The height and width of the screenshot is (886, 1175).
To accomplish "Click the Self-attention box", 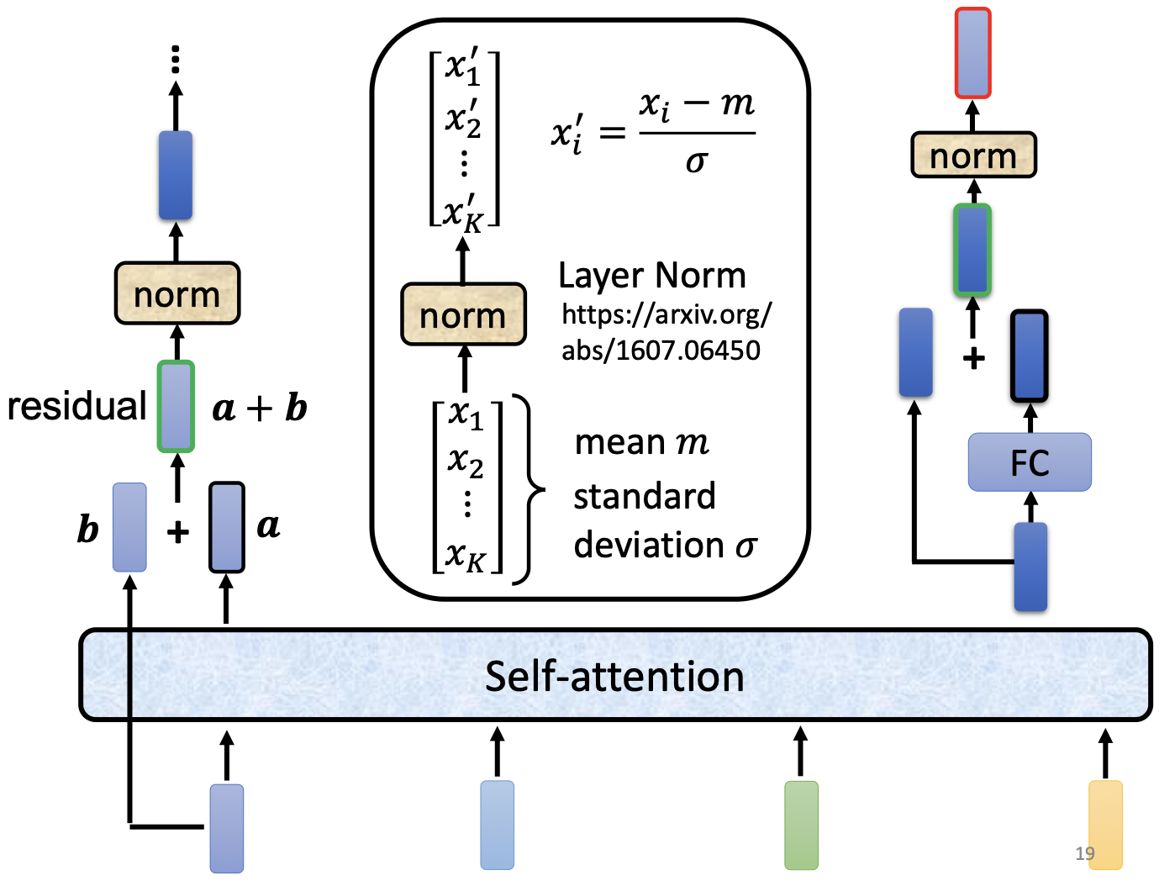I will point(615,675).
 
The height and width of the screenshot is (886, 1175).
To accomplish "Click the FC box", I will point(1030,462).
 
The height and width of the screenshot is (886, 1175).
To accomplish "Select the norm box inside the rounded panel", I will point(463,315).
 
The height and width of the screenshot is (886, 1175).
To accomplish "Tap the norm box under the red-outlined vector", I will point(973,155).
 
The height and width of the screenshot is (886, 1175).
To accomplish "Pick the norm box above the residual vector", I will point(177,293).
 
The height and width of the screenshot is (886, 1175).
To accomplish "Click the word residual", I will point(76,406).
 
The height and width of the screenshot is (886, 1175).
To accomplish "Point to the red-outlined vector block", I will point(972,53).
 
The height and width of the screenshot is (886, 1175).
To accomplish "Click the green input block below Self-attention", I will point(801,825).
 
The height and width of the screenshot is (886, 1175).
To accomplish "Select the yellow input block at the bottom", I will point(1105,825).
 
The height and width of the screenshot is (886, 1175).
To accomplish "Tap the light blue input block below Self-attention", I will point(497,825).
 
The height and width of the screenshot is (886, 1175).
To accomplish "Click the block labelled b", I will point(129,527).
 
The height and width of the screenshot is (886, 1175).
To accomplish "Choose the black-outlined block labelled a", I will point(226,527).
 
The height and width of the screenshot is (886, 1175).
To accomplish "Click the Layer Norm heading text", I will point(651,276).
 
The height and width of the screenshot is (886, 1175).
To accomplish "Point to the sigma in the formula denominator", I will point(696,161).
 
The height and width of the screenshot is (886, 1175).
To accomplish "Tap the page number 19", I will point(1084,853).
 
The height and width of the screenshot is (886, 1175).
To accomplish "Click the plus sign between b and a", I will point(177,532).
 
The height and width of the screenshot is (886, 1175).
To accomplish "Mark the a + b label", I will point(260,409).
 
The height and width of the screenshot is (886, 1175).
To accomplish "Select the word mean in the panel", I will point(619,442).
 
